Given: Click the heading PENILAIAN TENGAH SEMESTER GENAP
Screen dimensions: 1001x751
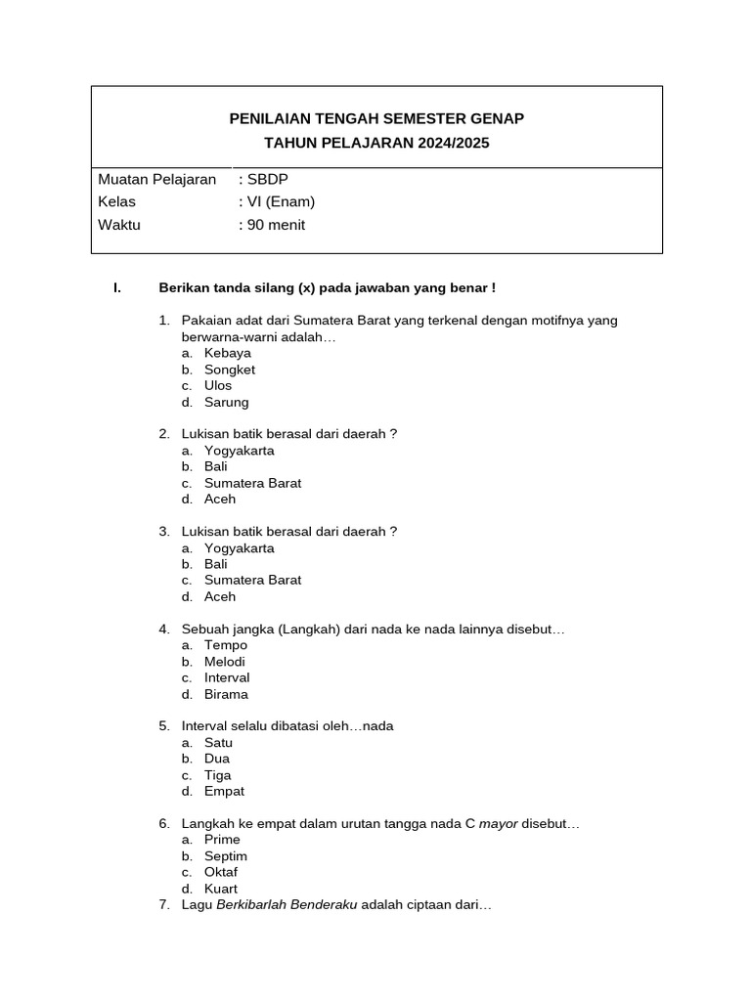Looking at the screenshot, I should coord(376,118).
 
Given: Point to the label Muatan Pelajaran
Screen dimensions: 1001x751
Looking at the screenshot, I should coord(157,180).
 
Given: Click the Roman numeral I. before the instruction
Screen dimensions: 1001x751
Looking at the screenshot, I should coord(116,287).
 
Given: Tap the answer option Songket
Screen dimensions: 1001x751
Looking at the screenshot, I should coord(229,370).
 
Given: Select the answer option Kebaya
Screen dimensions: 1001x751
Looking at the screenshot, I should coord(227,353).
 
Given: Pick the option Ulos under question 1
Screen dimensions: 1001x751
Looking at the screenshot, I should coord(218,385).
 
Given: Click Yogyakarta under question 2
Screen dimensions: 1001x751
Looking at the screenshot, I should coord(239,451).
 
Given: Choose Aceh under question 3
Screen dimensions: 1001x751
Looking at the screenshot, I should coord(220,596).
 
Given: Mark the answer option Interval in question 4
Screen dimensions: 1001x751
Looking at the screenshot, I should coord(227,677).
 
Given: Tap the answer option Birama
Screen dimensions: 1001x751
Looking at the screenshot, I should coord(226,694).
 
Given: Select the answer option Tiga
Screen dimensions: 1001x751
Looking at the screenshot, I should coord(218,775).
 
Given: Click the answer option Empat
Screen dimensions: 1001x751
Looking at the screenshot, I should coord(224,791).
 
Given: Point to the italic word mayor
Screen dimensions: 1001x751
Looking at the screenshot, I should coord(498,824).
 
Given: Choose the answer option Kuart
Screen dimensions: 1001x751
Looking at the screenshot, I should coord(221,889).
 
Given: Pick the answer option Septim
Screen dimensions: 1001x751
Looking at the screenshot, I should coord(226,856).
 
